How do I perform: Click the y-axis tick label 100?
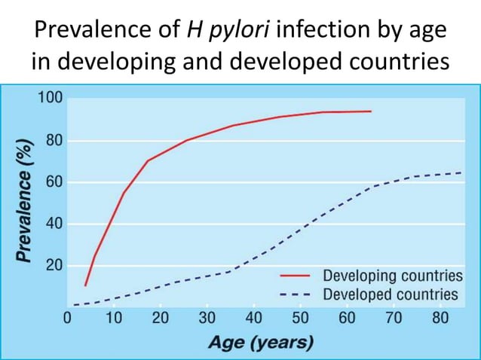[x=51, y=99]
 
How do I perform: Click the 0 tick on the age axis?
[x=66, y=318]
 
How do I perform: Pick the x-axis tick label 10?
[x=113, y=318]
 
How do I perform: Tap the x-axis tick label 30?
[x=207, y=318]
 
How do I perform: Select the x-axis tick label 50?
[x=300, y=318]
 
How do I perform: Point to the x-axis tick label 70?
[x=394, y=318]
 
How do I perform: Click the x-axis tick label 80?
[x=440, y=318]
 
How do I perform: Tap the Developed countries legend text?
[x=391, y=294]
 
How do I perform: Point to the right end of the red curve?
[x=371, y=111]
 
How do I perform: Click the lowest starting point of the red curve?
[x=85, y=285]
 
